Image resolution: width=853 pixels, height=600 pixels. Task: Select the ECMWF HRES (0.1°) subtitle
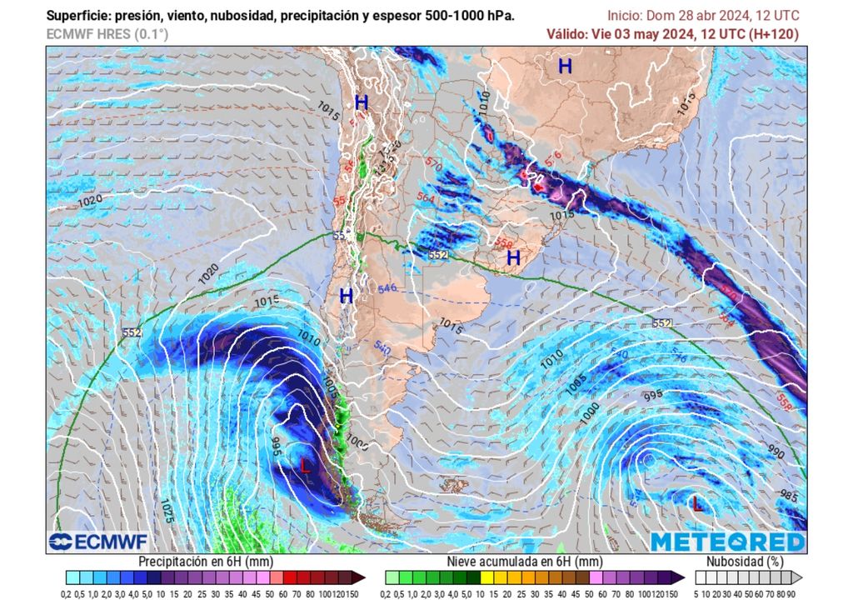coord(106,34)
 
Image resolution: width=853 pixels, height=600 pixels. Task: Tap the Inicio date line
coord(702,16)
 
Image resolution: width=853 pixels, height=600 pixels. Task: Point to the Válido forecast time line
coord(672,34)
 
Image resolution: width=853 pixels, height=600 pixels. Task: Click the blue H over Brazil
coord(565,67)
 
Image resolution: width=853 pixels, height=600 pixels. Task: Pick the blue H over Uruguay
coord(513,258)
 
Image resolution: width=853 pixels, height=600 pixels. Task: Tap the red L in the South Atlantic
coord(697,502)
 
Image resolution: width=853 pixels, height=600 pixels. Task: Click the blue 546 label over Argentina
coord(387,288)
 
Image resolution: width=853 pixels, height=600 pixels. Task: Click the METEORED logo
coord(728,542)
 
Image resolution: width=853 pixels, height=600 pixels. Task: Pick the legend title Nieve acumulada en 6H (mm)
coord(524,562)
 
